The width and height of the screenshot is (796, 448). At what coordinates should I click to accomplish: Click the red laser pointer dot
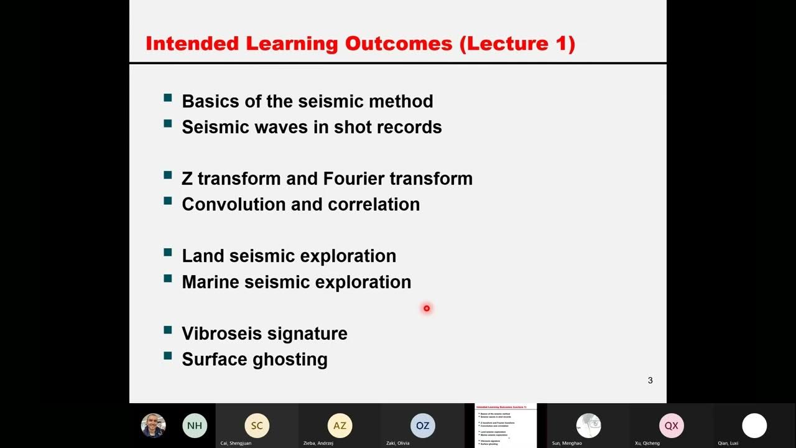tap(427, 308)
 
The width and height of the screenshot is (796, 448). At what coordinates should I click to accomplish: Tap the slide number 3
tap(650, 380)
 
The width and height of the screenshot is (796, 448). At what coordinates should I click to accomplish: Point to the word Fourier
tap(353, 179)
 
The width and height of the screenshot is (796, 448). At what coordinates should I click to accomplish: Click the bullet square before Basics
tap(168, 98)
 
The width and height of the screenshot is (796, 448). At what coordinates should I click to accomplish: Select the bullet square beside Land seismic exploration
tap(168, 253)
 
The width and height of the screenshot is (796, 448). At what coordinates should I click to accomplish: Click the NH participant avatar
tap(195, 426)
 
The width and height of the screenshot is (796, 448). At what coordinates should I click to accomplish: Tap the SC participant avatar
tap(257, 426)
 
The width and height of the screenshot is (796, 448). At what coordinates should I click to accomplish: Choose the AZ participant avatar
tap(340, 426)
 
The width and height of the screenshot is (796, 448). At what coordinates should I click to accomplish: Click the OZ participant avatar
tap(422, 426)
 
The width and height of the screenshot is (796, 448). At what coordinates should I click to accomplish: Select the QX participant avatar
tap(671, 426)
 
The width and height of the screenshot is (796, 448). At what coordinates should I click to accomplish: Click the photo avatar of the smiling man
tap(153, 426)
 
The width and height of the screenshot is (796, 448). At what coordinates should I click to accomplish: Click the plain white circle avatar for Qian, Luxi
tap(754, 426)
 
